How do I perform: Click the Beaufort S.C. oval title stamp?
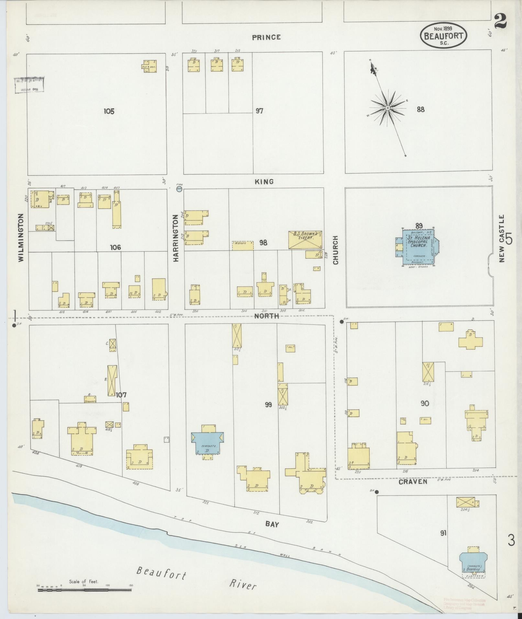[443, 36]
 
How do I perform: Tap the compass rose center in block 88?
[387, 108]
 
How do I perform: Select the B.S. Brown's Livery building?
[305, 240]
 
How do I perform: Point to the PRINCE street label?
[266, 38]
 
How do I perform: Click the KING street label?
[264, 182]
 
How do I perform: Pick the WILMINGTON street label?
[21, 238]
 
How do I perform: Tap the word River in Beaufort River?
[243, 585]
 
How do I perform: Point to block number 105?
[109, 111]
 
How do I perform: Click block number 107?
[121, 395]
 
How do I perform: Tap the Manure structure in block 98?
[243, 245]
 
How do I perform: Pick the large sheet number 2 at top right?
[500, 22]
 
